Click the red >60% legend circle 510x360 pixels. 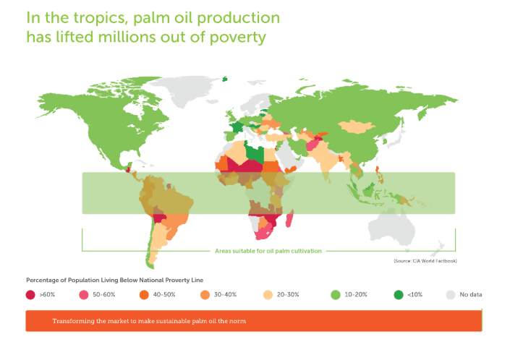coord(30,295)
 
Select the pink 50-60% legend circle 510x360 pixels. coord(84,295)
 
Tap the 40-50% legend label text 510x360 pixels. coord(164,295)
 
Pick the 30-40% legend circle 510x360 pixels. coord(205,295)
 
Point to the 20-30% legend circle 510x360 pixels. coord(268,295)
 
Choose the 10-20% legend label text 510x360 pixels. coord(356,295)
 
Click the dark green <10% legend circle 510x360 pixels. coord(399,295)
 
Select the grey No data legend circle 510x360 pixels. coord(451,295)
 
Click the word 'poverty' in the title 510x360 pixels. coord(238,38)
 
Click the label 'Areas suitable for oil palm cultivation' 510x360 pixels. coord(268,251)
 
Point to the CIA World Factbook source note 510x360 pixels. coord(425,261)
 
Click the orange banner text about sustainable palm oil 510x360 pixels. coord(149,321)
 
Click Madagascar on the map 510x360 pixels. coord(289,218)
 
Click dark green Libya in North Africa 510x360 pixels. coord(255,153)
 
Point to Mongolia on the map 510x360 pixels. coord(357,127)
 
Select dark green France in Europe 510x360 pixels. coord(236,127)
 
